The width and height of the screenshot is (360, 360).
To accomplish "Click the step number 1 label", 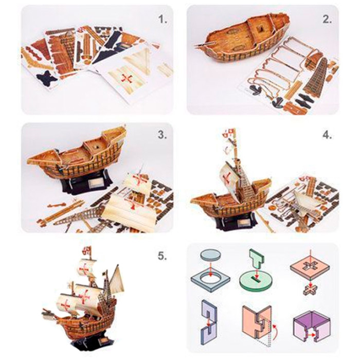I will pyautogui.click(x=163, y=20).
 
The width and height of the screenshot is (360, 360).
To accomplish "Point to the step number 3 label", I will pyautogui.click(x=163, y=136).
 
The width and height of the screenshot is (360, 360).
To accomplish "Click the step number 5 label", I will pyautogui.click(x=163, y=256).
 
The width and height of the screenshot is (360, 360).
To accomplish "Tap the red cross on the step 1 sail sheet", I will pyautogui.click(x=126, y=77).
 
